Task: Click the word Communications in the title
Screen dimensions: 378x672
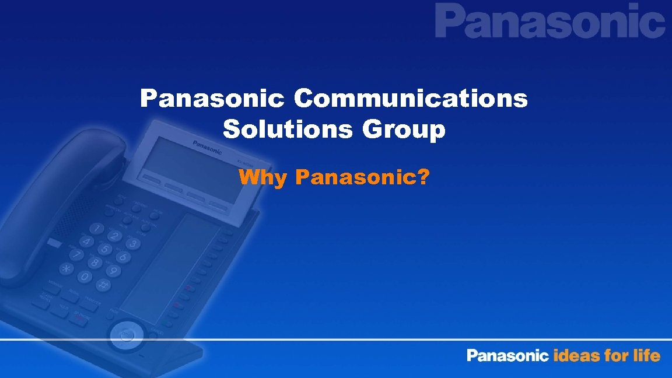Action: tap(411, 100)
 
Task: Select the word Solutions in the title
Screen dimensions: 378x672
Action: tap(286, 129)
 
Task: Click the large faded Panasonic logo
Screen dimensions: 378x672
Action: tap(549, 22)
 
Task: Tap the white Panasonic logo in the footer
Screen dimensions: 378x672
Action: tap(508, 355)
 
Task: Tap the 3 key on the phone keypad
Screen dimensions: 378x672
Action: tap(134, 244)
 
